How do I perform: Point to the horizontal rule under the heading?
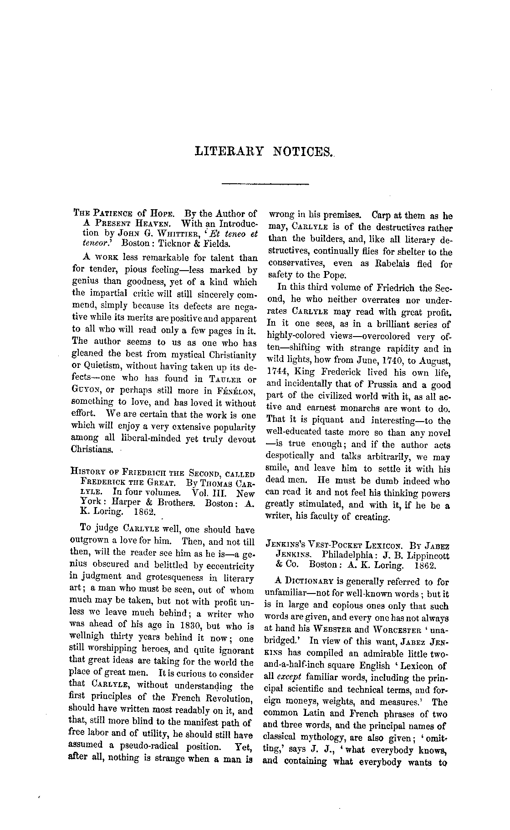click(265, 184)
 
